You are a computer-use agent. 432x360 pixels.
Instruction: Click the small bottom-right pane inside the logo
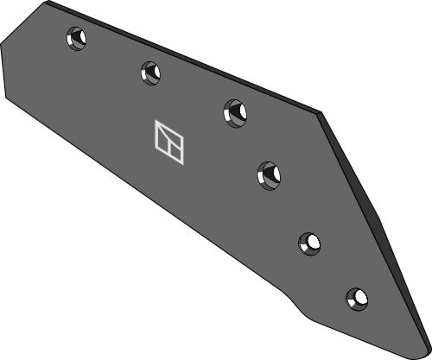pos(175,148)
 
